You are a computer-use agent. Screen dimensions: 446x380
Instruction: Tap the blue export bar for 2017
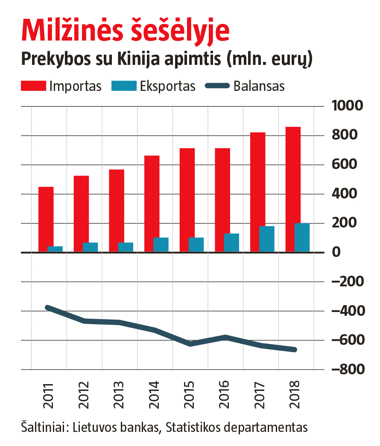[267, 239]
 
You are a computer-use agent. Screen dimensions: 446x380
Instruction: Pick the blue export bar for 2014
[161, 245]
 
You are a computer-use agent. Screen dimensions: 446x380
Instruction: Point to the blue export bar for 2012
[90, 247]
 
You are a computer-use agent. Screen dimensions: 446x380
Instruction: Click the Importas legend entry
[61, 86]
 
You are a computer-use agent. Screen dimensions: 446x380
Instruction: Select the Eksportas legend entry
[154, 86]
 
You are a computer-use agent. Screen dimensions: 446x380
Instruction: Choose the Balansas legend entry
[246, 86]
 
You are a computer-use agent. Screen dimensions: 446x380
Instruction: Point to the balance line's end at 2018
[294, 350]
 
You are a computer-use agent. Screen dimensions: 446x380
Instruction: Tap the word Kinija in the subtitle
[138, 59]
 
